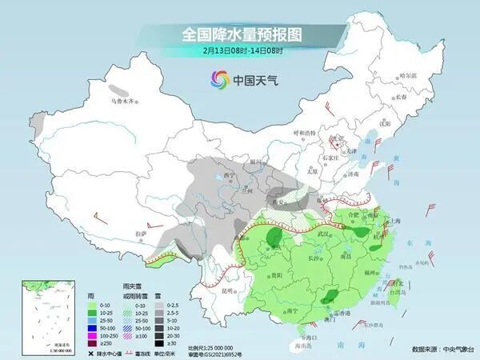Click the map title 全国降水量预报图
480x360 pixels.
tap(239, 34)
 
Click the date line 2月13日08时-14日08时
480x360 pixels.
tap(239, 50)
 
